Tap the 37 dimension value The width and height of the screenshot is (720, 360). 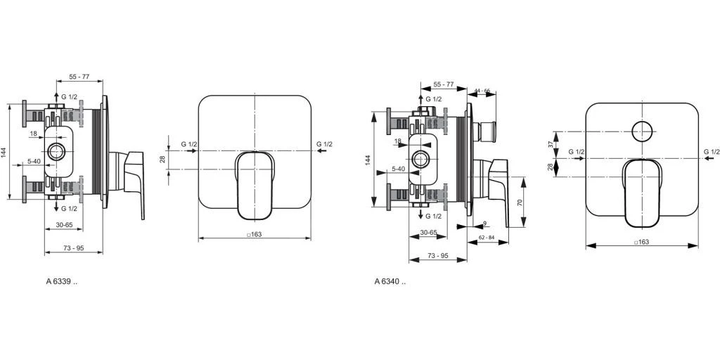pos(551,145)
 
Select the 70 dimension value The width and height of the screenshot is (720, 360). pos(520,202)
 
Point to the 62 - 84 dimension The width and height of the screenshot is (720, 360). pos(487,238)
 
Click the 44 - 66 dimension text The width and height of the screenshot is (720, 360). pos(482,91)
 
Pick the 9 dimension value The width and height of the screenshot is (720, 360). pos(484,224)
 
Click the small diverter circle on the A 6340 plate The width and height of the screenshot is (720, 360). pos(642,131)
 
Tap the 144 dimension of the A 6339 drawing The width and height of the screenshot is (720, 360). pos(4,152)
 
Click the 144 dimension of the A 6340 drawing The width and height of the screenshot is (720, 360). pos(367,160)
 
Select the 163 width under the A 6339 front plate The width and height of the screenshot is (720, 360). pos(255,234)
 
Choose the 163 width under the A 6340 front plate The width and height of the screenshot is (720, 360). pos(641,242)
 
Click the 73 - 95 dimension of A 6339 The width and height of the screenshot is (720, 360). pos(73,248)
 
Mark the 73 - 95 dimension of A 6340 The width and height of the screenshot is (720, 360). pos(438,255)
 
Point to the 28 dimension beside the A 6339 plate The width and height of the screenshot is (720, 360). pos(162,160)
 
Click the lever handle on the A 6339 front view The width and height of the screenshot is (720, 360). pos(255,184)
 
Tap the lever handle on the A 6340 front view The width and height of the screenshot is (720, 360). pos(642,193)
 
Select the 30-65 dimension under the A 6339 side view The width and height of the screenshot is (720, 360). pos(64,225)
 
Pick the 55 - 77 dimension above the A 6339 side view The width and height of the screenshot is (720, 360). pos(79,77)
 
